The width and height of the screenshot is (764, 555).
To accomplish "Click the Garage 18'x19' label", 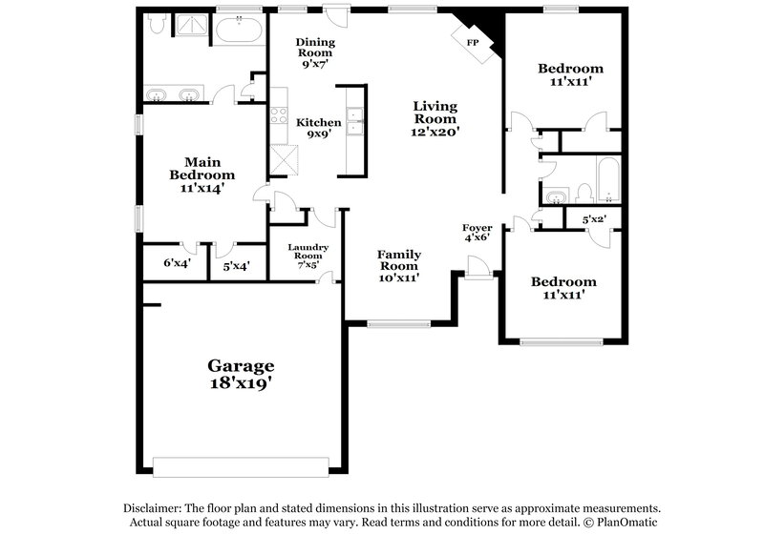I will (x=242, y=375).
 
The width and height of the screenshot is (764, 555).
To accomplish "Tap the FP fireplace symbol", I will (x=473, y=43).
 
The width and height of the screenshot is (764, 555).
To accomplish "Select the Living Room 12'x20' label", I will (x=435, y=119).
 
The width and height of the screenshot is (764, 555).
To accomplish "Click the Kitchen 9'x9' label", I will (x=318, y=128).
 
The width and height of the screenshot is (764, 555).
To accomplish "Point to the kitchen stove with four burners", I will (x=280, y=116).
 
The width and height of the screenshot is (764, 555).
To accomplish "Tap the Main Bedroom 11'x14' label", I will (x=202, y=175).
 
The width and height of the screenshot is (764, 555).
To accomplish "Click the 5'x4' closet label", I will (x=236, y=265).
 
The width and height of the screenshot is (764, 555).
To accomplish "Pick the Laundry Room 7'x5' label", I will (x=308, y=256).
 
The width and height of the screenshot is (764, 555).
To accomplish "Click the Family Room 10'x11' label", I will (x=399, y=265).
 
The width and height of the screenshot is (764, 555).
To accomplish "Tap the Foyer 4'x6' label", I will (x=477, y=232).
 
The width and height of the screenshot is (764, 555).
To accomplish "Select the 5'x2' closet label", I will (x=594, y=220).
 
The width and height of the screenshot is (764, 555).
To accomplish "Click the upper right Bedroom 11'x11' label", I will (x=570, y=75).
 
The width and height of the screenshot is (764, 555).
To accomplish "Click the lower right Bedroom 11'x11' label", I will (x=563, y=288).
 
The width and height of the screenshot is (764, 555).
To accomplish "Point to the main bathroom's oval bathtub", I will (x=240, y=31).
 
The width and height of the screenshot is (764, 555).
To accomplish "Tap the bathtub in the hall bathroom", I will (x=606, y=181).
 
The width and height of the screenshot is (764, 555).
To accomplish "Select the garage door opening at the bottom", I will (x=241, y=466).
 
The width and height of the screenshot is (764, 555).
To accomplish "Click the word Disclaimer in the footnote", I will (x=153, y=509).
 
